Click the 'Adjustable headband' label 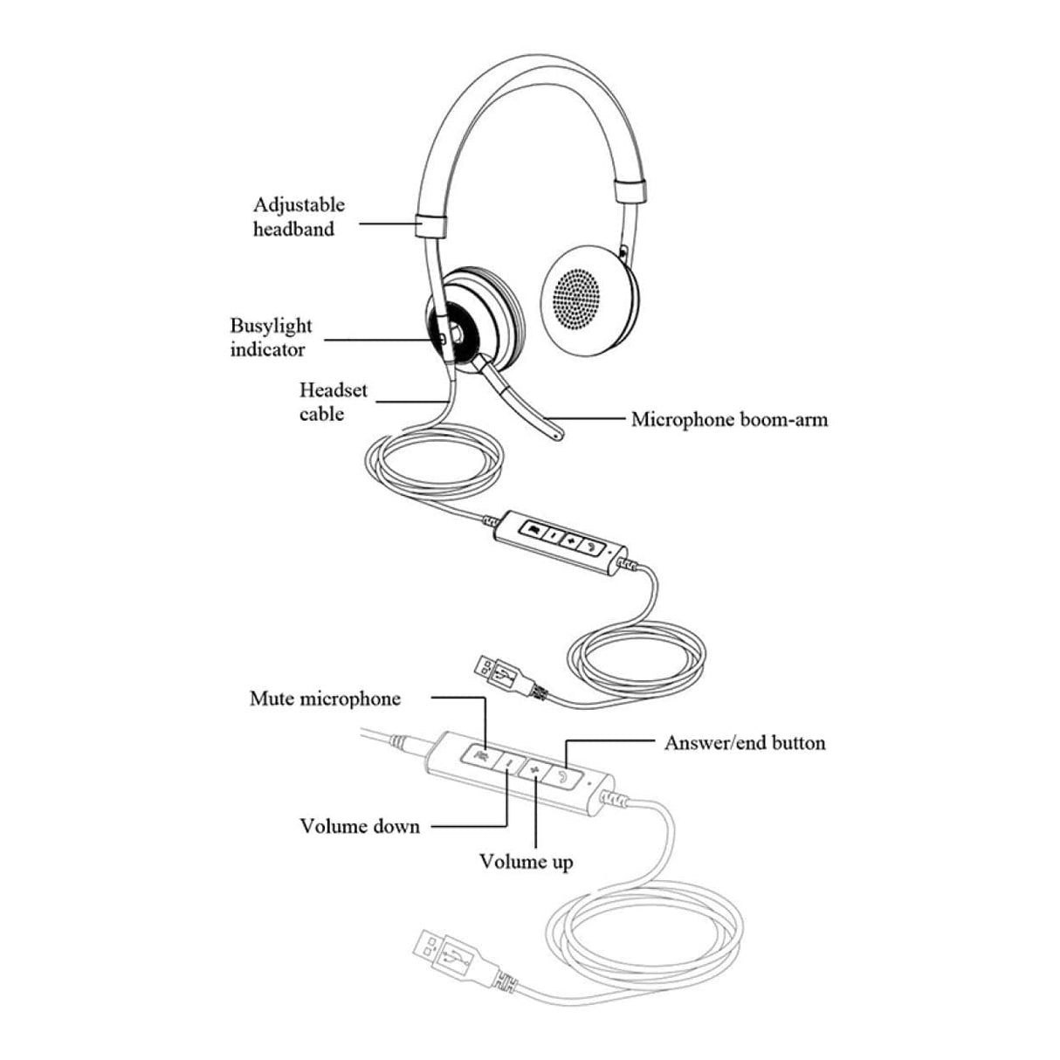[299, 217]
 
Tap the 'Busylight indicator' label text [271, 337]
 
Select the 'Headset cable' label [333, 402]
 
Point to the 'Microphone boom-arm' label [729, 419]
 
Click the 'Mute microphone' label [325, 699]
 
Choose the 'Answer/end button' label [744, 743]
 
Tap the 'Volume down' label [360, 826]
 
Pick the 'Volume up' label [526, 862]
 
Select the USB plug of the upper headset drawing [499, 673]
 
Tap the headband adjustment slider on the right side [630, 191]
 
